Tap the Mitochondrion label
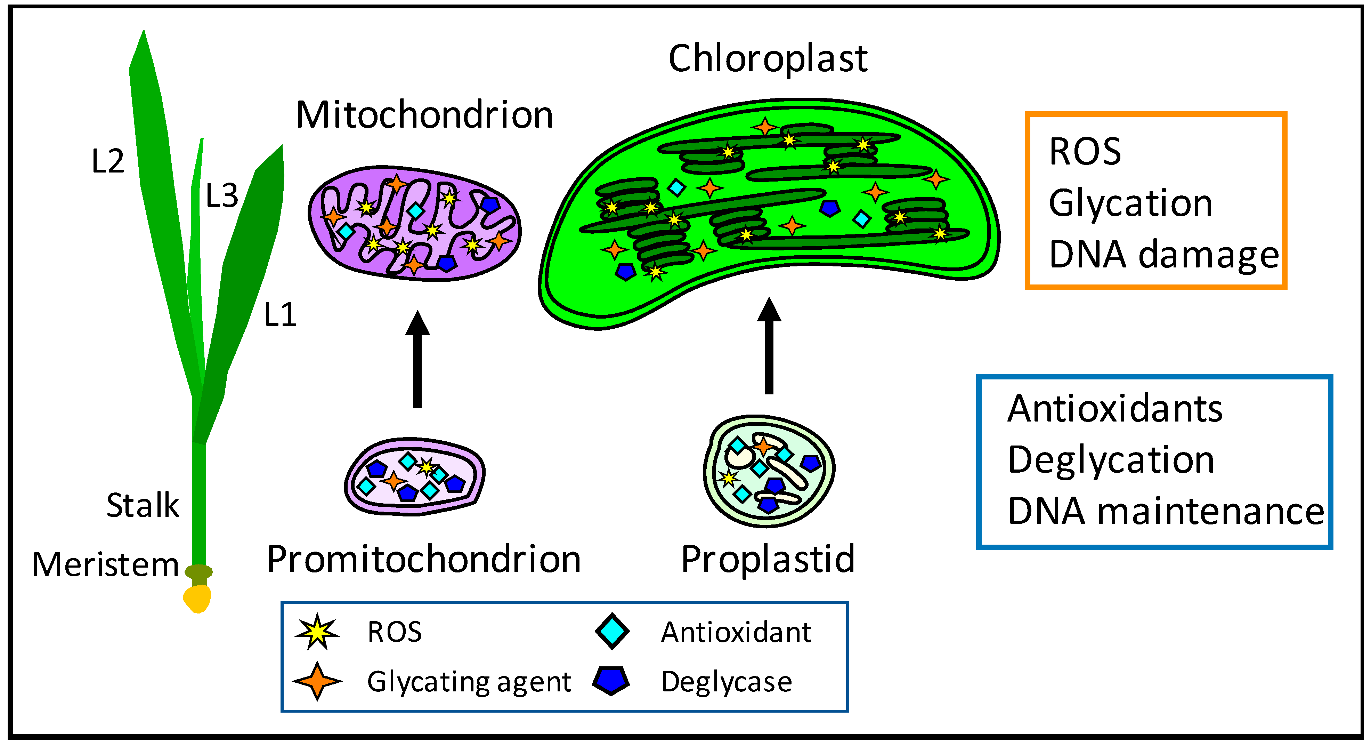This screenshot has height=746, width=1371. tap(424, 115)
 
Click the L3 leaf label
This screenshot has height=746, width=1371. tap(221, 196)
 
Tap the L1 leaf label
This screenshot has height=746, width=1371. tap(280, 315)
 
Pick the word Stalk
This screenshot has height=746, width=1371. tap(143, 505)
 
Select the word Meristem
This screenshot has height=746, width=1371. tap(105, 564)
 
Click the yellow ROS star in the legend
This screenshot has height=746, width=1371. tap(317, 632)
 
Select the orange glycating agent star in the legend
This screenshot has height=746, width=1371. tap(317, 681)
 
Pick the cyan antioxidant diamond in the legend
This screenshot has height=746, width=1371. tap(612, 632)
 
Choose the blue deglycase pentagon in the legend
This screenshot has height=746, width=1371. tap(611, 681)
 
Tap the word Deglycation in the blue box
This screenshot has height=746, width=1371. tap(1111, 460)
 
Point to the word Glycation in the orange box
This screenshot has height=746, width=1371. tap(1130, 203)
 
